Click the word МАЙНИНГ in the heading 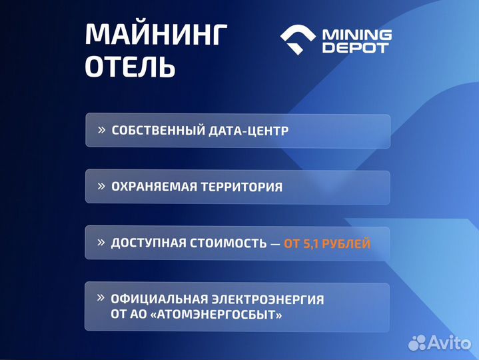(157, 35)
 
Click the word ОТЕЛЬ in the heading (131, 67)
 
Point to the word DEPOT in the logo (356, 48)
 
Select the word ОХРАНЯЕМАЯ (154, 187)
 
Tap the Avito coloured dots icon (418, 342)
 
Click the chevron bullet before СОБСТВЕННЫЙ (102, 129)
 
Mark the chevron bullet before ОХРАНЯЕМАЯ (102, 186)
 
